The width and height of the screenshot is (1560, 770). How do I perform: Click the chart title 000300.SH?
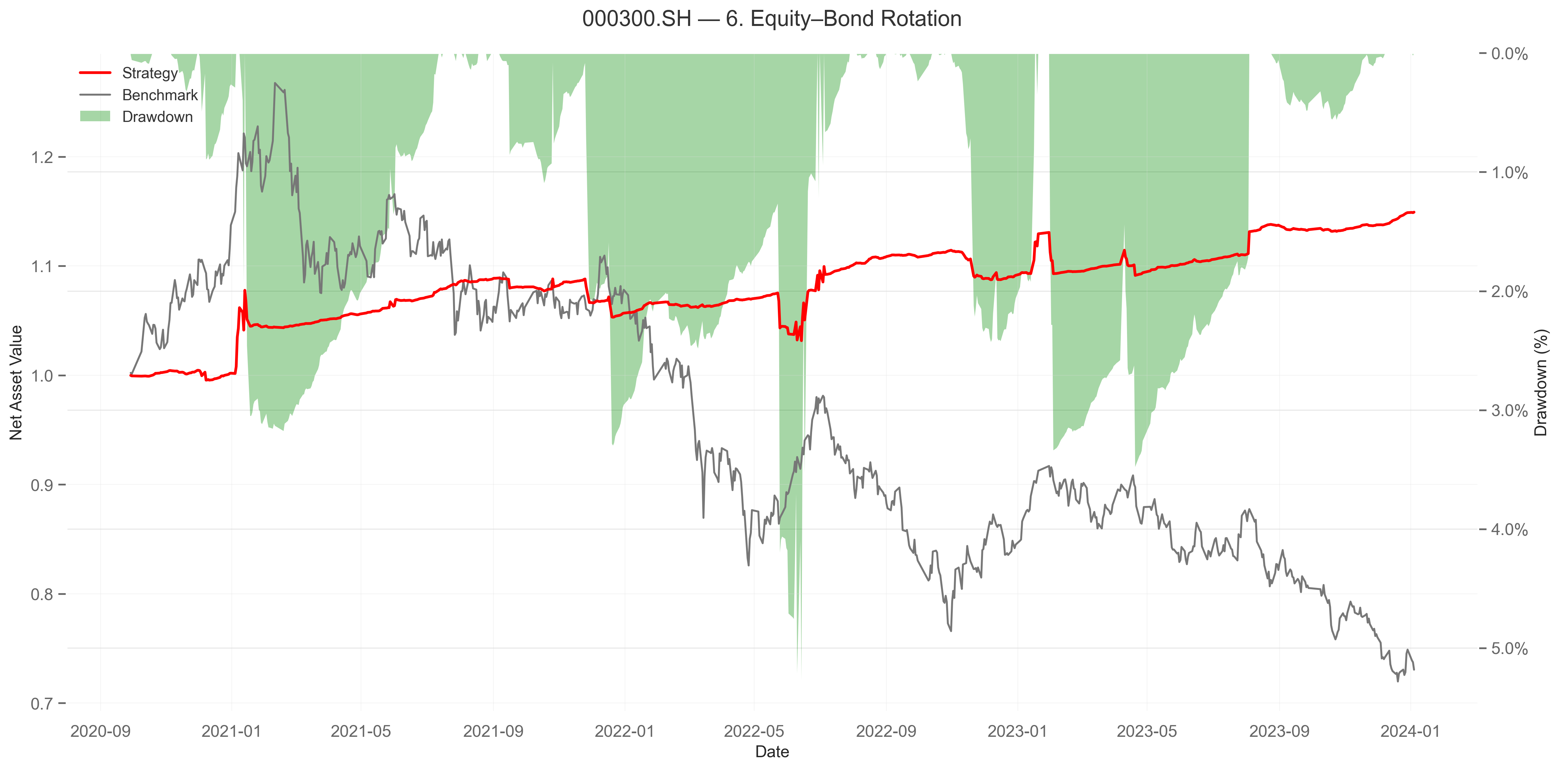772,19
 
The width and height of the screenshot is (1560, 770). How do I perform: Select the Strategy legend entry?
150,73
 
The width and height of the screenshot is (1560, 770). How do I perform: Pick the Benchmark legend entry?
159,95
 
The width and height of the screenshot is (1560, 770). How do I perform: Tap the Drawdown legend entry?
157,117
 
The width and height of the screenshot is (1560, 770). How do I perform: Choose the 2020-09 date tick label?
101,731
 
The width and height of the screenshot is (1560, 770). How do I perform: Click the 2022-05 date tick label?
754,731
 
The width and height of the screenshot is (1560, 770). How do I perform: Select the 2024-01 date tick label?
1410,731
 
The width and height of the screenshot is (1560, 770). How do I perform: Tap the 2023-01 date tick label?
1018,731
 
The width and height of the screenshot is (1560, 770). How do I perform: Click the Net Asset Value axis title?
16,383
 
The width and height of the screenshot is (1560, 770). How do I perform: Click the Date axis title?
772,752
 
